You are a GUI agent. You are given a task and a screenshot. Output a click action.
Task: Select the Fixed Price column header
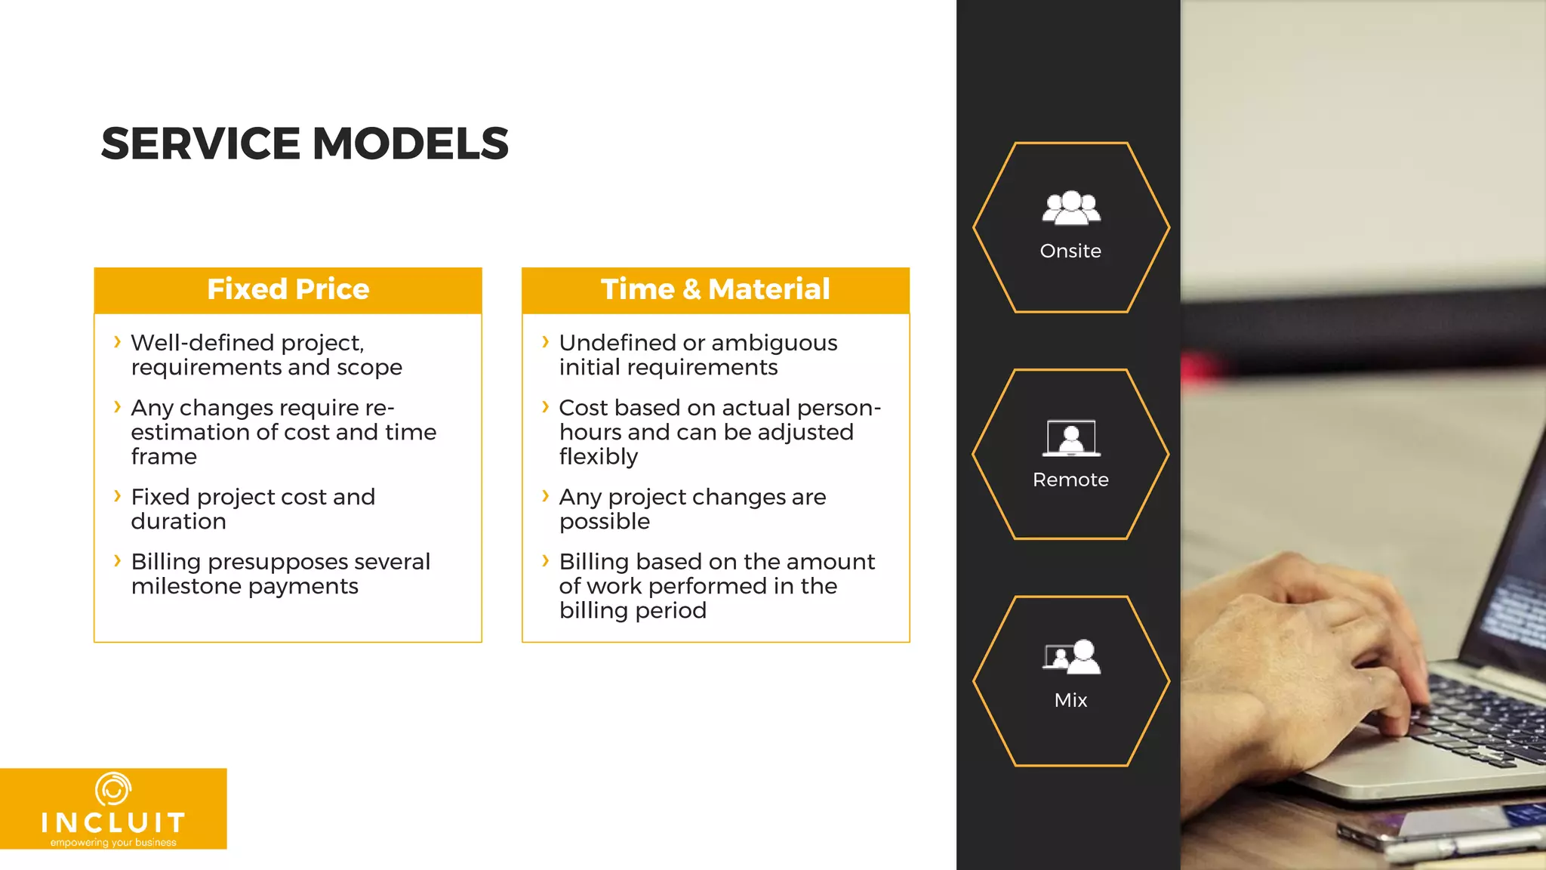pyautogui.click(x=288, y=289)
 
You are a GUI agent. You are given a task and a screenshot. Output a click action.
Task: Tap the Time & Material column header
pyautogui.click(x=715, y=289)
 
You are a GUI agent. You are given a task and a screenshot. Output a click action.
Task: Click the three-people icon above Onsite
pyautogui.click(x=1070, y=208)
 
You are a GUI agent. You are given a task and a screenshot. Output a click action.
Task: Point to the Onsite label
pyautogui.click(x=1070, y=251)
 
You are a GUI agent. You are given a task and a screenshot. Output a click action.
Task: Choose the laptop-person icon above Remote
pyautogui.click(x=1070, y=438)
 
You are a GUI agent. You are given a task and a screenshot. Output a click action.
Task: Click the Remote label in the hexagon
pyautogui.click(x=1070, y=480)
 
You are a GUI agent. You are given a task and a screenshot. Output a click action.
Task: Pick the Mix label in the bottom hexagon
pyautogui.click(x=1070, y=700)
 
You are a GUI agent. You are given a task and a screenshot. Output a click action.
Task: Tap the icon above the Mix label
pyautogui.click(x=1072, y=657)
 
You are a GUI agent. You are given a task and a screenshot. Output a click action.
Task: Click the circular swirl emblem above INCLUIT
pyautogui.click(x=113, y=789)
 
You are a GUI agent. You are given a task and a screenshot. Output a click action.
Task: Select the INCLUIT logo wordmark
pyautogui.click(x=113, y=822)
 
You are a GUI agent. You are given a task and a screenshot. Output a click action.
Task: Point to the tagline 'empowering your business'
pyautogui.click(x=113, y=843)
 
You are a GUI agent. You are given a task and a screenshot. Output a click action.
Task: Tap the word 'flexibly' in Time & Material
pyautogui.click(x=598, y=457)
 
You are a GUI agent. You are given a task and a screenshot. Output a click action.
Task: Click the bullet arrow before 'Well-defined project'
pyautogui.click(x=117, y=342)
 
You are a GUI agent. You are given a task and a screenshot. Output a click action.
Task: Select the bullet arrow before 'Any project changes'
pyautogui.click(x=545, y=496)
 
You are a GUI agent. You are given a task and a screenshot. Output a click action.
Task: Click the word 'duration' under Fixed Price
pyautogui.click(x=178, y=521)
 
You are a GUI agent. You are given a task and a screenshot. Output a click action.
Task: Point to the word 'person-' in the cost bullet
pyautogui.click(x=839, y=408)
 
